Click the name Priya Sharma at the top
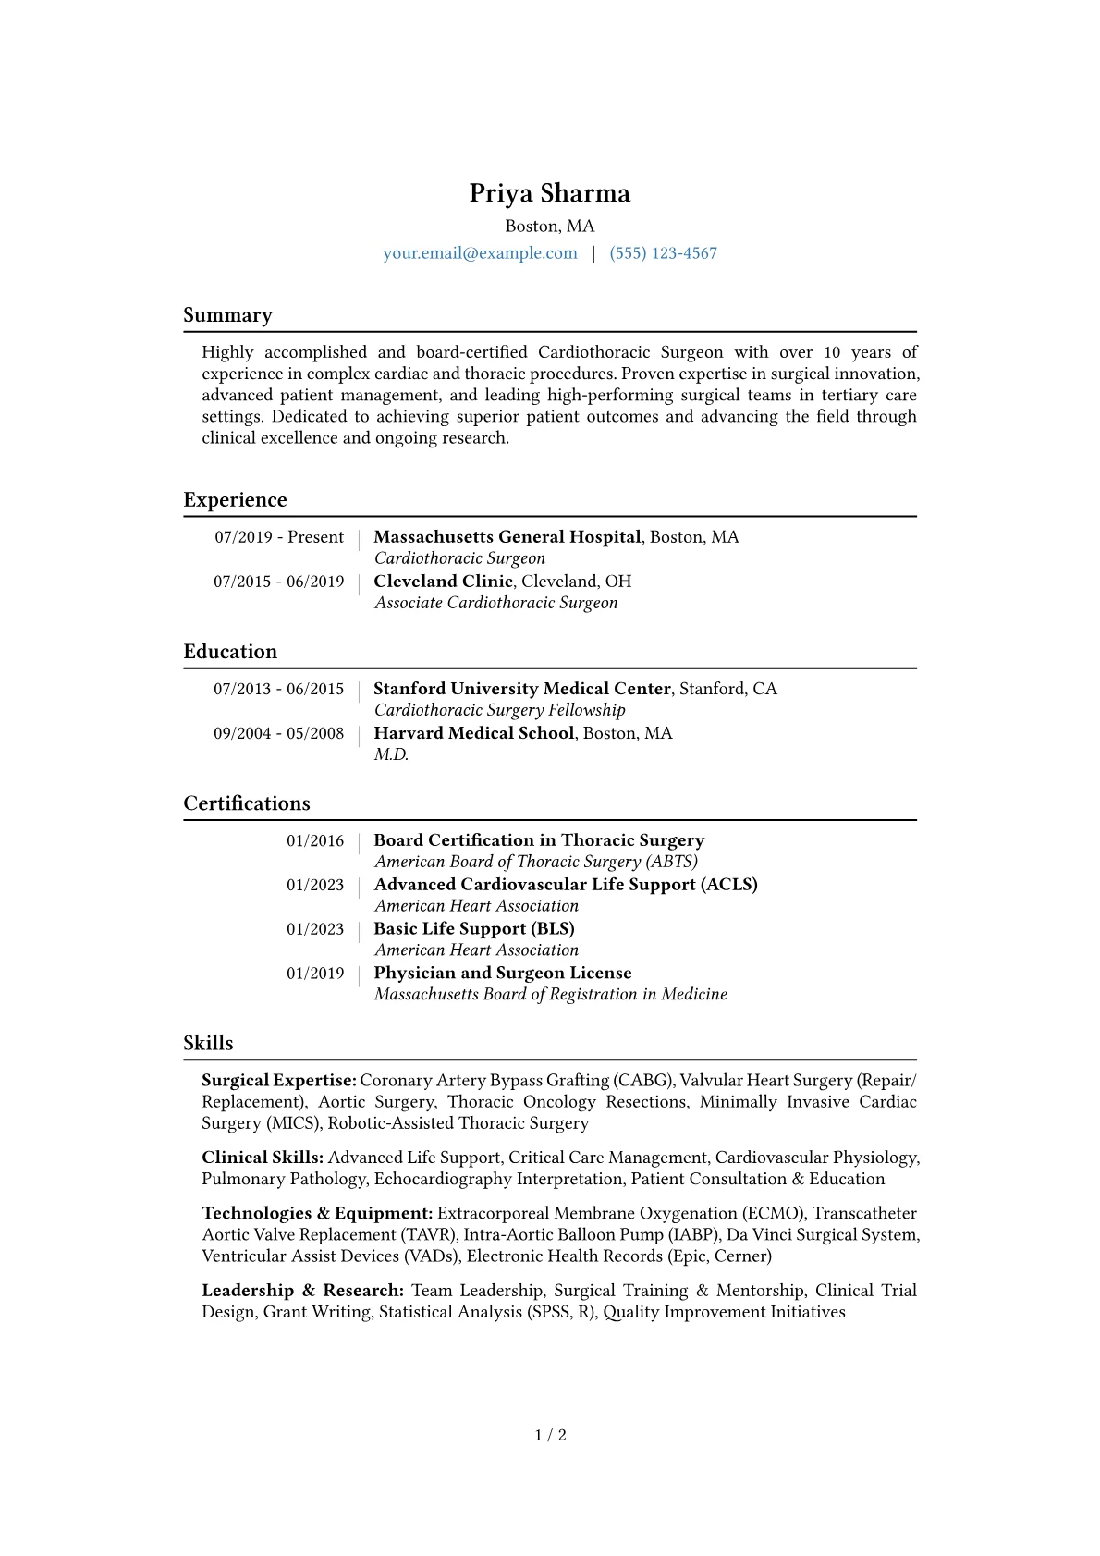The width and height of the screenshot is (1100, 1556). [x=549, y=193]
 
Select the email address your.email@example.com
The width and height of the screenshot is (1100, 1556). [x=480, y=253]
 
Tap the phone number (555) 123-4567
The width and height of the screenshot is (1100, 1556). [x=663, y=253]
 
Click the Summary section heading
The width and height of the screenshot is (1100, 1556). [x=227, y=315]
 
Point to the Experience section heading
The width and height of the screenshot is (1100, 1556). [x=235, y=500]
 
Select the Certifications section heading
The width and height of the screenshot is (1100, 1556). [x=247, y=803]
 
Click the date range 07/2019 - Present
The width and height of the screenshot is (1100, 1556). [x=279, y=537]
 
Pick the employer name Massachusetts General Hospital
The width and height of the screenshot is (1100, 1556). [x=507, y=537]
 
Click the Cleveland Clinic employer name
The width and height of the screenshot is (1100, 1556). [x=443, y=582]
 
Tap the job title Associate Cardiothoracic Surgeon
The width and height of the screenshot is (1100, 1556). [x=495, y=603]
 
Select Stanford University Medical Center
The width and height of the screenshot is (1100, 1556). [x=521, y=689]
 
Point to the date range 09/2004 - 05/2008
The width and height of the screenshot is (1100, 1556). [x=278, y=733]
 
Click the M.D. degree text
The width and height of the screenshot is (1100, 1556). [x=391, y=754]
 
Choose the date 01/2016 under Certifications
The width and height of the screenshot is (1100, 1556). [x=314, y=840]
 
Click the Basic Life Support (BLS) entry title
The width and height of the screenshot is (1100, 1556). [x=473, y=929]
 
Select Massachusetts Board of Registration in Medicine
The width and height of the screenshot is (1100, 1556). [x=550, y=994]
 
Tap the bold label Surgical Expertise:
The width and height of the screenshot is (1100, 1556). [x=278, y=1080]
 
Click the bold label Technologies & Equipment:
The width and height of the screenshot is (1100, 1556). [x=317, y=1213]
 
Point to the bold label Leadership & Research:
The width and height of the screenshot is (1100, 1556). [x=302, y=1290]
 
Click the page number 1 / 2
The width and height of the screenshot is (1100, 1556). [x=550, y=1435]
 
